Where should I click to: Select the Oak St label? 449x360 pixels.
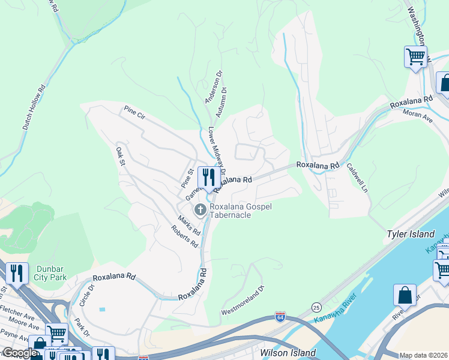point(120,155)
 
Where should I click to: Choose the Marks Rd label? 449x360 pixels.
point(188,226)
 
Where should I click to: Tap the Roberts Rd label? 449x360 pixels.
point(184,236)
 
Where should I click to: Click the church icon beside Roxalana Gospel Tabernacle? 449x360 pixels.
point(200,209)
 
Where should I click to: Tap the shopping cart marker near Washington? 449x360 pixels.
point(415,58)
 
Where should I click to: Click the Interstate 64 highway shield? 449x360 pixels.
point(280,316)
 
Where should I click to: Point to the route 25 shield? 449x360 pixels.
point(316,307)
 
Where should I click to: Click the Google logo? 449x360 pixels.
point(19,353)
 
